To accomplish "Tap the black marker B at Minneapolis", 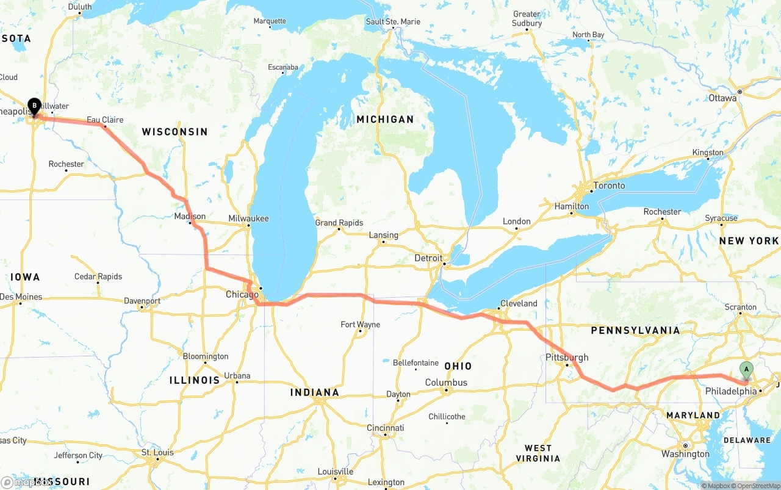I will tap(34, 106).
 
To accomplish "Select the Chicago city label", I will tap(242, 295).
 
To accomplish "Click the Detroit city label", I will tap(428, 258).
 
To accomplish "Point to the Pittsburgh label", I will tap(567, 357).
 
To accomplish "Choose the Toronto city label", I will tap(609, 186).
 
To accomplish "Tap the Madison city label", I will tap(190, 217).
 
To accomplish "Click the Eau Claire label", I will tap(105, 120).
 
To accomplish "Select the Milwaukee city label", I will tap(248, 218).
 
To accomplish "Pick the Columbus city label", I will tap(447, 383).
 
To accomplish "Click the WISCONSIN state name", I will tap(175, 132).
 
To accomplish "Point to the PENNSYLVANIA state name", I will tap(635, 331).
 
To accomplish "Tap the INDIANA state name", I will tap(314, 392).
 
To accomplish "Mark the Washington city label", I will tap(685, 454).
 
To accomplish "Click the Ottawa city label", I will tap(723, 98).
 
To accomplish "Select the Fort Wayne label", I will tap(360, 325).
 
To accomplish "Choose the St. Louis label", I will tap(157, 453).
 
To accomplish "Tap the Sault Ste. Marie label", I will tap(393, 22).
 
